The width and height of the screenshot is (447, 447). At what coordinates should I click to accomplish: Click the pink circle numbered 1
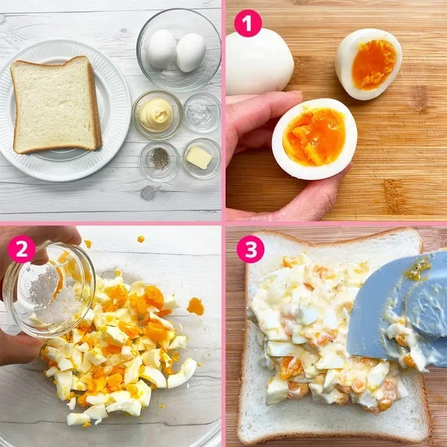pyautogui.click(x=248, y=23)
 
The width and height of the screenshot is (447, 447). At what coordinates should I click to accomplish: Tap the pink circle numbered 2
pyautogui.click(x=22, y=249)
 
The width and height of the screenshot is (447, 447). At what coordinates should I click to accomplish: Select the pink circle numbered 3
pyautogui.click(x=250, y=249)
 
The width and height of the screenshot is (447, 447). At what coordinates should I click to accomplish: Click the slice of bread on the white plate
pyautogui.click(x=56, y=105)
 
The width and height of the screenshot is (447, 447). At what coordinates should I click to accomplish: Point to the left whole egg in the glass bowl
pyautogui.click(x=162, y=49)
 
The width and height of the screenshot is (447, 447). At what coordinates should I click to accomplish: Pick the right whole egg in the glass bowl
pyautogui.click(x=190, y=52)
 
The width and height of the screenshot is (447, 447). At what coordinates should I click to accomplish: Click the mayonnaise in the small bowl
pyautogui.click(x=156, y=115)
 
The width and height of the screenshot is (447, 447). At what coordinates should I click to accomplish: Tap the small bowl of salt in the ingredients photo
pyautogui.click(x=202, y=113)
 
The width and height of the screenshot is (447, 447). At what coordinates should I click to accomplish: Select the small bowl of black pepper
pyautogui.click(x=160, y=161)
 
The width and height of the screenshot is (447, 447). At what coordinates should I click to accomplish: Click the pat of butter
pyautogui.click(x=199, y=158)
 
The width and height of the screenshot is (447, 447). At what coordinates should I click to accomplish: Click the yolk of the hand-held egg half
pyautogui.click(x=314, y=137)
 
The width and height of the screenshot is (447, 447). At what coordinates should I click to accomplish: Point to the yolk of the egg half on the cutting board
pyautogui.click(x=374, y=64)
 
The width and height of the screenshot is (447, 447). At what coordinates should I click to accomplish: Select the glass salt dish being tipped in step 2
pyautogui.click(x=49, y=290)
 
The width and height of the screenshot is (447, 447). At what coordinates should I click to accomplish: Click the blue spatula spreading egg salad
pyautogui.click(x=399, y=311)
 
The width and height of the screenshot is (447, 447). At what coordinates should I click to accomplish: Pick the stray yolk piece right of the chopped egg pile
pyautogui.click(x=195, y=307)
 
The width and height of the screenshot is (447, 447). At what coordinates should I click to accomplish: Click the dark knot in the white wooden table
pyautogui.click(x=148, y=193)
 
